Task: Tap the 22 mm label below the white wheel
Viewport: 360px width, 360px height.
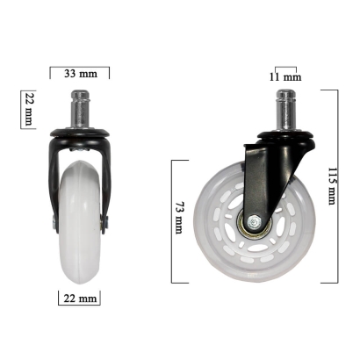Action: tap(80, 299)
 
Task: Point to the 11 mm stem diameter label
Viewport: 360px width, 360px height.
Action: tap(286, 77)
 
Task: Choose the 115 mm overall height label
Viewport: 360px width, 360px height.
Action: tap(330, 186)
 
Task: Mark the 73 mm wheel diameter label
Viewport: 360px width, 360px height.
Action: tap(178, 215)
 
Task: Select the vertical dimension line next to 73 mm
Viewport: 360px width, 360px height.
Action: tap(170, 220)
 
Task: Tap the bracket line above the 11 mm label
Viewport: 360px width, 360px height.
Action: tap(286, 67)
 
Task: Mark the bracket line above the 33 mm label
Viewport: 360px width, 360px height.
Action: tap(80, 66)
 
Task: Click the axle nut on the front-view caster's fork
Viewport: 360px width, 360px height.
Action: tap(106, 225)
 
